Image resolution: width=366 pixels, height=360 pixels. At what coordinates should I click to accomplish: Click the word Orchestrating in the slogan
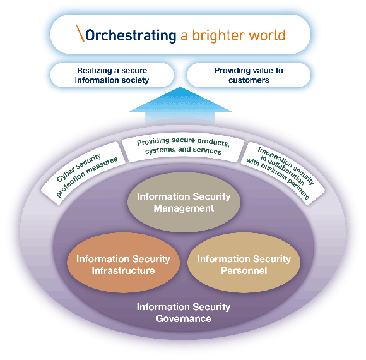coord(131,35)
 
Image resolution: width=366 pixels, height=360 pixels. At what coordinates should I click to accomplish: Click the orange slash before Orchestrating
coord(80,33)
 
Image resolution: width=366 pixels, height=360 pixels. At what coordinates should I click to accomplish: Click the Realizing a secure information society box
coord(112,75)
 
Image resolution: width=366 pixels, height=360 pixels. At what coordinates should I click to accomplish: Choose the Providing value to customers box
coord(249,75)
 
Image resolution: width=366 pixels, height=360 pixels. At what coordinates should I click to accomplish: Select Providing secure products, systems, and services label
coord(183,147)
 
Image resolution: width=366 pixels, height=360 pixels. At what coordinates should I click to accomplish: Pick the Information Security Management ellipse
coord(184,202)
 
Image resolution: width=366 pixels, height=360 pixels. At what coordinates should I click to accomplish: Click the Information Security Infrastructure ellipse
coord(123,262)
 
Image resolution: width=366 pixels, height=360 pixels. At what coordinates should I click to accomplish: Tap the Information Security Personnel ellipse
coord(244,262)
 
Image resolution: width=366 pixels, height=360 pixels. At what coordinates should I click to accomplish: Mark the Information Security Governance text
coord(184,313)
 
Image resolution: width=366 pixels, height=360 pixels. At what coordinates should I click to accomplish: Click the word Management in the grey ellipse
coord(184,208)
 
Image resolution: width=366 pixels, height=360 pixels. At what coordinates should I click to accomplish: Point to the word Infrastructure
coord(123,271)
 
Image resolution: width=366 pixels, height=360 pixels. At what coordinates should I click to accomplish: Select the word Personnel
coord(244,271)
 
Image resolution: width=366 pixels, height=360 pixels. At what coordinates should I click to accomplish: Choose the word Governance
coord(184,319)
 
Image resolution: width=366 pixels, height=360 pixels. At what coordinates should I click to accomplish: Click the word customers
coord(249,80)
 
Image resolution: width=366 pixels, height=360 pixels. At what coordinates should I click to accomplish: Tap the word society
coord(136,80)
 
